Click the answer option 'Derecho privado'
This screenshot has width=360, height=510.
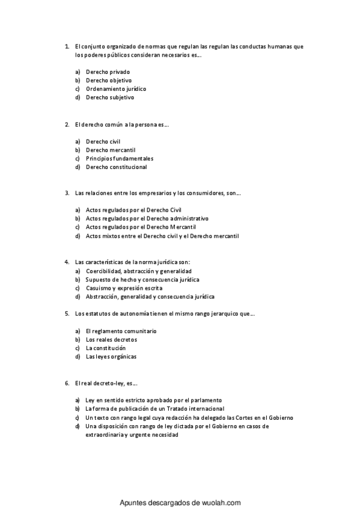click(108, 72)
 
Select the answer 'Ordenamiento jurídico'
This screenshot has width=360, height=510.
click(115, 88)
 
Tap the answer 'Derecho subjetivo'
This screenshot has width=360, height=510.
click(110, 97)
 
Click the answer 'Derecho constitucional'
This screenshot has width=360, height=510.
click(116, 167)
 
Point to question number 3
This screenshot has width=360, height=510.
click(67, 194)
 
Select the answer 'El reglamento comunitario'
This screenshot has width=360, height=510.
click(121, 331)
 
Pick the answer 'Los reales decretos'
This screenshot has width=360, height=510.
click(111, 339)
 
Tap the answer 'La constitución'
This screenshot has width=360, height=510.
click(106, 348)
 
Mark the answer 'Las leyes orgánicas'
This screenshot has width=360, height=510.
click(111, 356)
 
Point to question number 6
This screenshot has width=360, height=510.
click(67, 382)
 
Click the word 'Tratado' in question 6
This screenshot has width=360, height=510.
click(173, 408)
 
